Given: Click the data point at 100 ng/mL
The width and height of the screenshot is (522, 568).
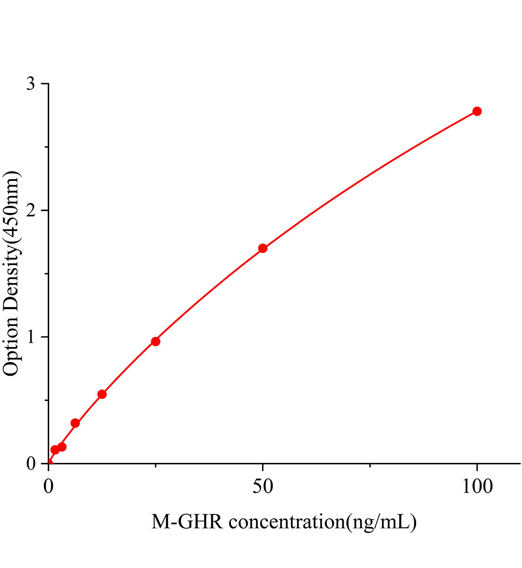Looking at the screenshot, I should [477, 111].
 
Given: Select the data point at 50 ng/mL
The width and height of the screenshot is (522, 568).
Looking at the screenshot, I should [263, 248].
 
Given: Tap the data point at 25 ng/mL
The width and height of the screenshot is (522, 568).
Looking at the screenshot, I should [156, 341].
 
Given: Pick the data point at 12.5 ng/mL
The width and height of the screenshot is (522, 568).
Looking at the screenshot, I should [102, 394].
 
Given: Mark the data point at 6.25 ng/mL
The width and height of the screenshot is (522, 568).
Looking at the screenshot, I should [75, 423].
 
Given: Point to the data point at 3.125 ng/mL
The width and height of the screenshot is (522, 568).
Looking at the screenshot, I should [62, 446].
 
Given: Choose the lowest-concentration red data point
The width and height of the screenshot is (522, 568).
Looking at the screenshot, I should [55, 450].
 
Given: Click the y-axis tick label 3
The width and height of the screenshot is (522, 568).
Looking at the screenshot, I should [31, 84].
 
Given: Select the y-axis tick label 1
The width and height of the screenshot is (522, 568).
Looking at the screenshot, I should [31, 337].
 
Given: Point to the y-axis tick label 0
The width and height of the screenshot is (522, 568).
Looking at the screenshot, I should [31, 464].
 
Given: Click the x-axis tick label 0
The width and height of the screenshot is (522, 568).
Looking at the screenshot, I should [49, 487].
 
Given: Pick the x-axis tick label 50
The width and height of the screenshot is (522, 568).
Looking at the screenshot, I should [263, 487].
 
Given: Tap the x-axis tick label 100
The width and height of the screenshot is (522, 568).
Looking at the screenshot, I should [477, 487].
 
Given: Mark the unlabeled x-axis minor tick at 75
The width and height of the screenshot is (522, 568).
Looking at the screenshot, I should [370, 467].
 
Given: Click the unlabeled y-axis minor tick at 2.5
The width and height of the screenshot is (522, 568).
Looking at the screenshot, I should [46, 147].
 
